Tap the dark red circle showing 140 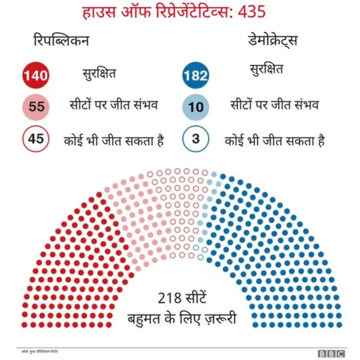coord(36,75)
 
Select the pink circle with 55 coord(36,107)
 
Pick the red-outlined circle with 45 coord(36,139)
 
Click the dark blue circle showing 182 coord(196,75)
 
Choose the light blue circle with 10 coord(196,107)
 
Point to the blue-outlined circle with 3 coord(196,139)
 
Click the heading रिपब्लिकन coord(61,42)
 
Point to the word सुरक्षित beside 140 coord(99,72)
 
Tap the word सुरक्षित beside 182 coord(266,70)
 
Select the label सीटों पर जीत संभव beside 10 coord(275,105)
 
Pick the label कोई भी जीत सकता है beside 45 coord(113,139)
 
